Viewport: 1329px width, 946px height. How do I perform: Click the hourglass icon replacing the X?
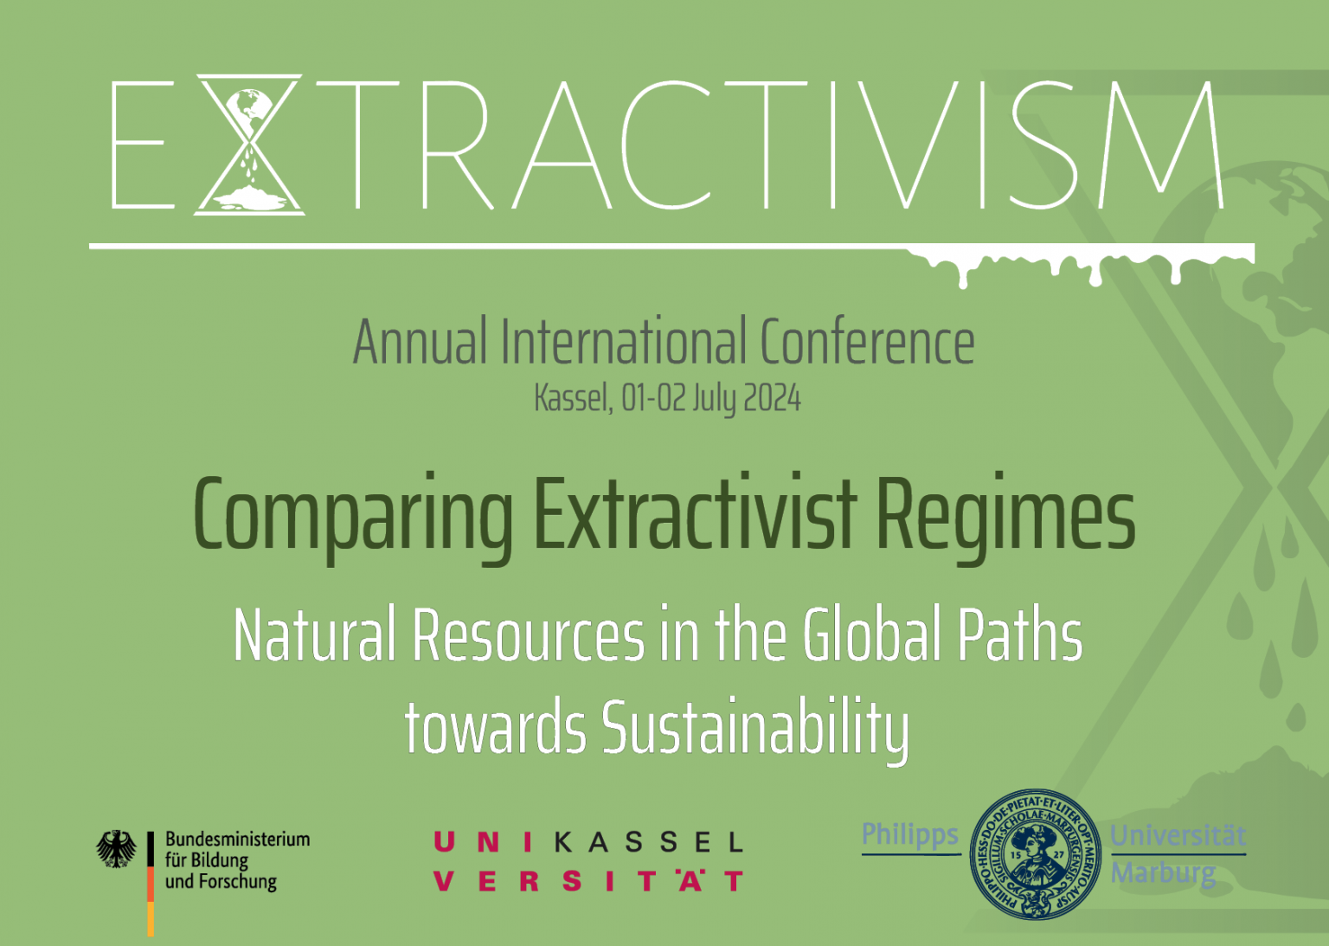tap(249, 144)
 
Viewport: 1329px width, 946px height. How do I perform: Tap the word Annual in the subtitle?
tap(420, 342)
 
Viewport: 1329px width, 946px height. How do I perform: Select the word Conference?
tap(867, 342)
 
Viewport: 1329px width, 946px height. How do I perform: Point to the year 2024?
tap(772, 398)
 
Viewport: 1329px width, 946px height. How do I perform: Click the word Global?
tap(872, 635)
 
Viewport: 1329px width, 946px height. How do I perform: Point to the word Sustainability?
tap(754, 727)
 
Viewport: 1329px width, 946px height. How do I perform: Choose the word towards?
tap(495, 727)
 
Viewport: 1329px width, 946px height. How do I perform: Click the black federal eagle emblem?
tap(116, 849)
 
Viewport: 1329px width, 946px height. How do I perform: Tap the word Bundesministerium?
tap(237, 839)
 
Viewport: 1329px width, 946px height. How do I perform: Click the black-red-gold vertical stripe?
tap(151, 883)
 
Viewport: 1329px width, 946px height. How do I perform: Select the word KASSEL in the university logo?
tap(648, 842)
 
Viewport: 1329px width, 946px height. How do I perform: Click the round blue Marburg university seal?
tap(1036, 854)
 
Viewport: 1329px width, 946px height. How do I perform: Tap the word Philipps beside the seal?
tap(910, 834)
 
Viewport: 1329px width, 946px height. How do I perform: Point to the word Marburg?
tap(1164, 872)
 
